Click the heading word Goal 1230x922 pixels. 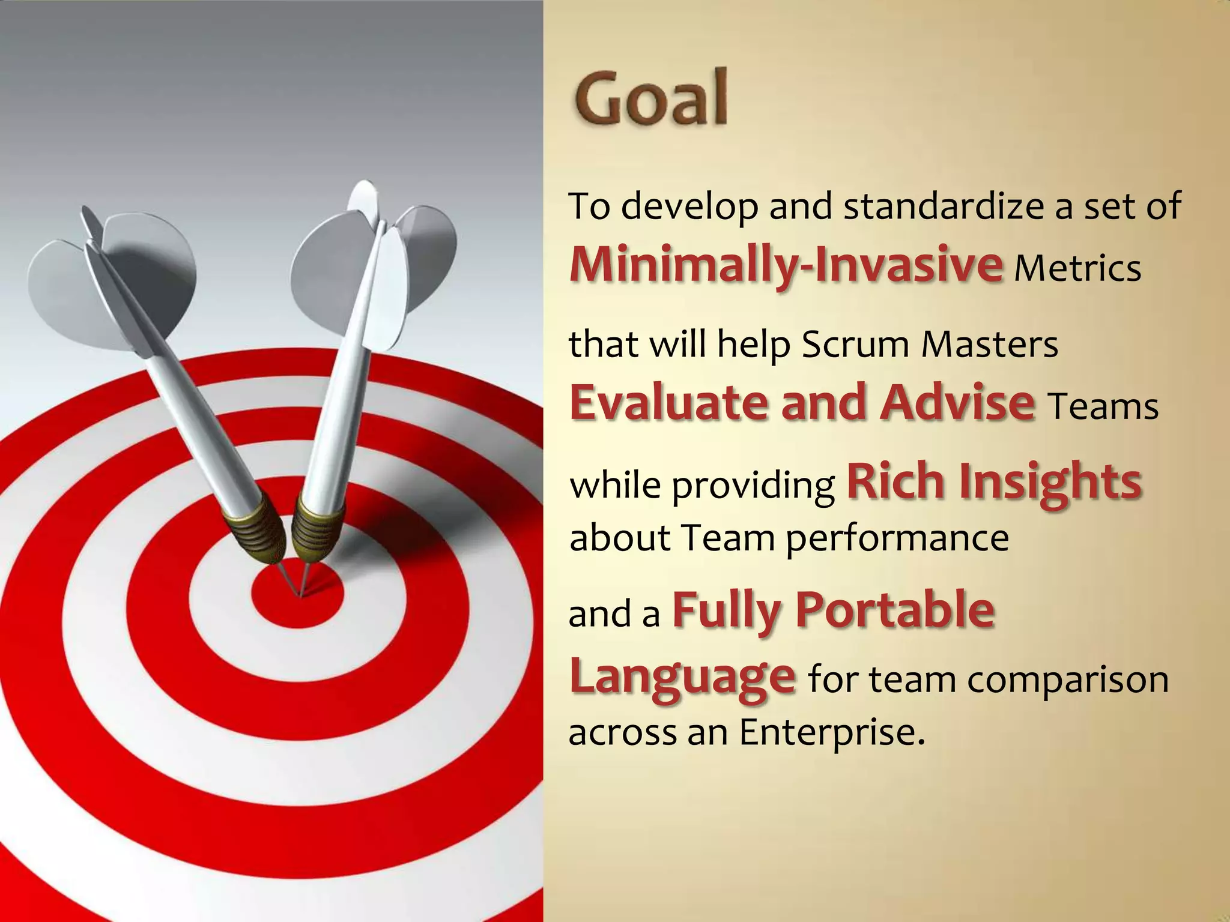pyautogui.click(x=651, y=97)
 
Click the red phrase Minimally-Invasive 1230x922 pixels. pyautogui.click(x=786, y=264)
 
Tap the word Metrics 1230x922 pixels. pyautogui.click(x=1077, y=268)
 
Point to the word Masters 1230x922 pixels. pyautogui.click(x=989, y=345)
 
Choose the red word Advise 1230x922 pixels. pyautogui.click(x=957, y=402)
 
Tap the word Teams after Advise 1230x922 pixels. pyautogui.click(x=1103, y=407)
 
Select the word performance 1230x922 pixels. pyautogui.click(x=897, y=538)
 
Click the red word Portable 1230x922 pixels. pyautogui.click(x=895, y=610)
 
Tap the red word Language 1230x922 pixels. pyautogui.click(x=682, y=678)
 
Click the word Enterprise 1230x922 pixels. pyautogui.click(x=831, y=733)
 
